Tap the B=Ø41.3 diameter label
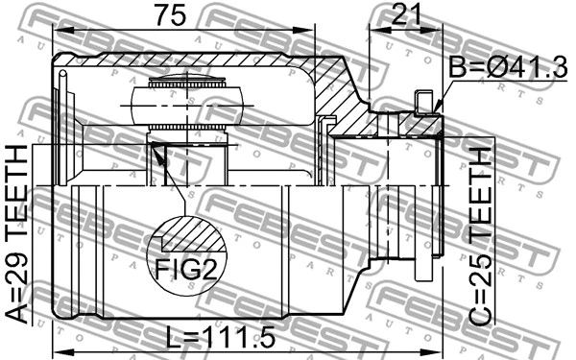pyautogui.click(x=508, y=70)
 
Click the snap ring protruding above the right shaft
pyautogui.click(x=421, y=101)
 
